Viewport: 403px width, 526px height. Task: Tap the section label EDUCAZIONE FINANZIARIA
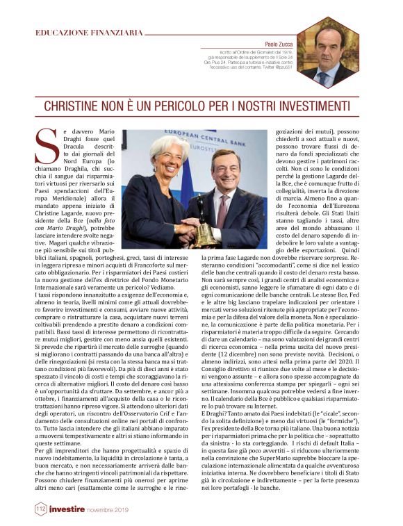coord(88,32)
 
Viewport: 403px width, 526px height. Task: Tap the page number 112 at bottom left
coord(42,511)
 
